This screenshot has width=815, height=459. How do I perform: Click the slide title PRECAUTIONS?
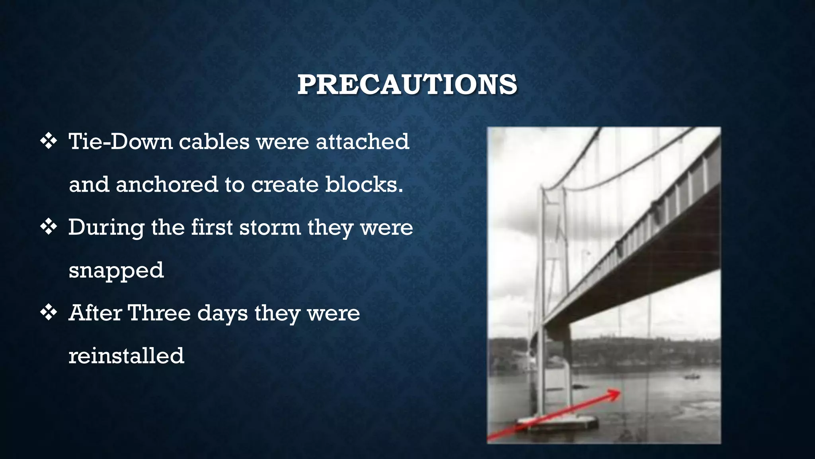pyautogui.click(x=407, y=84)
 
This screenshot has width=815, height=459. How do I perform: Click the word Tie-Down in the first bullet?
pyautogui.click(x=121, y=141)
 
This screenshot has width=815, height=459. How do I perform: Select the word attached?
pyautogui.click(x=362, y=141)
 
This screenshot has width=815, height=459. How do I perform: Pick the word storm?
pyautogui.click(x=270, y=227)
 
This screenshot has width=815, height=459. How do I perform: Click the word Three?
pyautogui.click(x=159, y=313)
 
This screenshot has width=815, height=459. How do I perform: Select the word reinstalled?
pyautogui.click(x=126, y=355)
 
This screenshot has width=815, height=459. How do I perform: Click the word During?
pyautogui.click(x=106, y=228)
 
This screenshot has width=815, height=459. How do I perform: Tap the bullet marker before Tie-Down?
pyautogui.click(x=49, y=141)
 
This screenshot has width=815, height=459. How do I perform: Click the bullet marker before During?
pyautogui.click(x=49, y=227)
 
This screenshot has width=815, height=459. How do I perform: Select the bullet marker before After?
pyautogui.click(x=49, y=313)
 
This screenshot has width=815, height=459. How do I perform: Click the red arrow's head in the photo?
pyautogui.click(x=615, y=394)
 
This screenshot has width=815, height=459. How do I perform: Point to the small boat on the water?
pyautogui.click(x=692, y=376)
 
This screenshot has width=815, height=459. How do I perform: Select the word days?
pyautogui.click(x=222, y=314)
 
